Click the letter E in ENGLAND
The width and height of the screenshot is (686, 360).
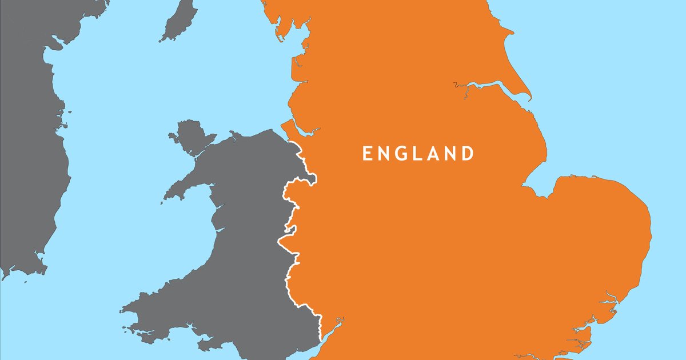tap(368, 154)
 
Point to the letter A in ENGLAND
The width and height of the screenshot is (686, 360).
tap(436, 154)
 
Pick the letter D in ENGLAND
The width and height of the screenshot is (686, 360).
tap(468, 154)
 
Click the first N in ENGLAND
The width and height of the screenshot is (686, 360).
tap(385, 154)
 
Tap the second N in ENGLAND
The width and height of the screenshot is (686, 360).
tap(452, 154)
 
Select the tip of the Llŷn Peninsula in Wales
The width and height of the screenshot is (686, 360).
tap(166, 198)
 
